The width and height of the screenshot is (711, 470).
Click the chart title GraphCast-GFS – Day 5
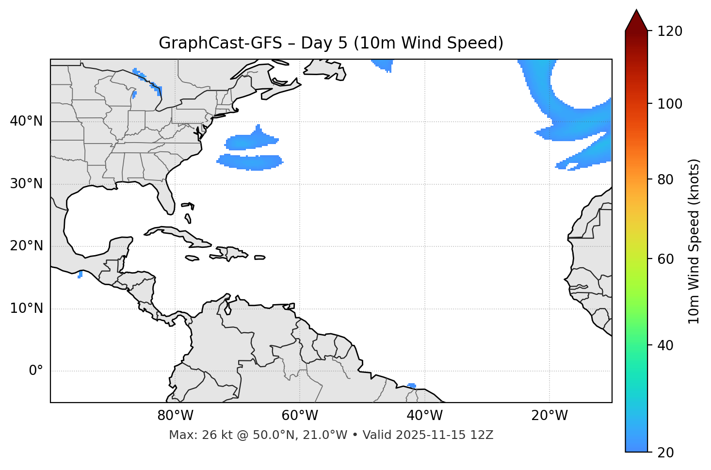click(x=331, y=43)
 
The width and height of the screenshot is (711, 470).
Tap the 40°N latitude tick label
click(x=26, y=121)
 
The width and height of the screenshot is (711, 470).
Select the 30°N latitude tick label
click(x=26, y=184)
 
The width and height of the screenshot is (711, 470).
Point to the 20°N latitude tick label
click(x=26, y=246)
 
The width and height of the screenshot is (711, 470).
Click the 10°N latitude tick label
click(x=26, y=308)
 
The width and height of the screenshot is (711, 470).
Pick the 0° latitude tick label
click(x=35, y=371)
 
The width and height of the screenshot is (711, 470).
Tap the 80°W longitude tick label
click(x=175, y=416)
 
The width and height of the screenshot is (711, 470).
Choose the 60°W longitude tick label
click(x=300, y=416)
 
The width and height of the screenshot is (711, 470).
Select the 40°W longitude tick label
click(x=425, y=416)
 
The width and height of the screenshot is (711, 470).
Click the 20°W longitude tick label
click(x=549, y=416)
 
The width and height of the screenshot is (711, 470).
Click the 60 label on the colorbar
click(x=666, y=259)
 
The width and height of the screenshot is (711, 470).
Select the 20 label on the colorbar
click(x=666, y=453)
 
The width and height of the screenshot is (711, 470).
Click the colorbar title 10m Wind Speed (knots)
click(x=694, y=241)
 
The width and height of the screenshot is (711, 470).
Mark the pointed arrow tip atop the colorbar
click(x=636, y=11)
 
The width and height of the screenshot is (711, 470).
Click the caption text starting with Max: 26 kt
click(x=331, y=435)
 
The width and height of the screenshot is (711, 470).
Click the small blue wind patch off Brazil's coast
click(x=412, y=386)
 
